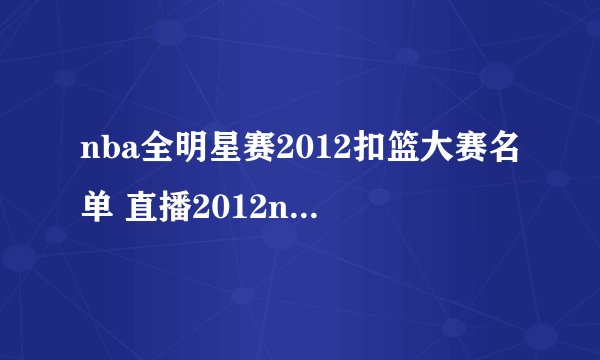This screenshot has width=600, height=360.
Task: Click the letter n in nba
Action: coord(87,152)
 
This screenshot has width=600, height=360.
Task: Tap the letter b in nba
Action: coord(104,150)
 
